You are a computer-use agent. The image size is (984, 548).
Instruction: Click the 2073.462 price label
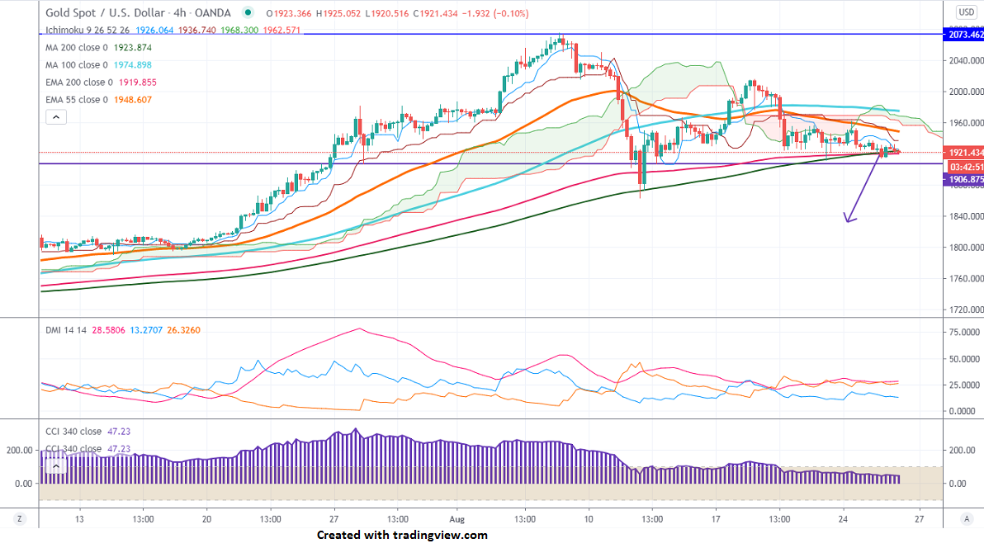[x=963, y=35]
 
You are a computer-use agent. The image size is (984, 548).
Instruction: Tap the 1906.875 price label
[x=963, y=179]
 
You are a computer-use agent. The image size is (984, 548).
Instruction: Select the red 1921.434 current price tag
[x=963, y=153]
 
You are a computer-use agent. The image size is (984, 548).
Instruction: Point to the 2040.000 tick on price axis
[x=965, y=60]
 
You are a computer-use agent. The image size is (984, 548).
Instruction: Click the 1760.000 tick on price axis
[x=965, y=279]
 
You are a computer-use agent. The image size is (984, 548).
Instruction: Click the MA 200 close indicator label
[x=74, y=47]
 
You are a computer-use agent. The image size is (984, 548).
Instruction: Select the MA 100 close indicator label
[x=74, y=65]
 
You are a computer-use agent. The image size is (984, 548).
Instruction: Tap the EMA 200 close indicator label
[x=78, y=83]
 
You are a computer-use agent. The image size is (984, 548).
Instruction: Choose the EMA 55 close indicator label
[x=74, y=100]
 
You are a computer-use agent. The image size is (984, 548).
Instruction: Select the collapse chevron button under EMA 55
[x=55, y=117]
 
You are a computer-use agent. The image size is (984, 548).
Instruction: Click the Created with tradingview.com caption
[x=402, y=535]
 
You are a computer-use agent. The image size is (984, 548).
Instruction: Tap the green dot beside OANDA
[x=248, y=12]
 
